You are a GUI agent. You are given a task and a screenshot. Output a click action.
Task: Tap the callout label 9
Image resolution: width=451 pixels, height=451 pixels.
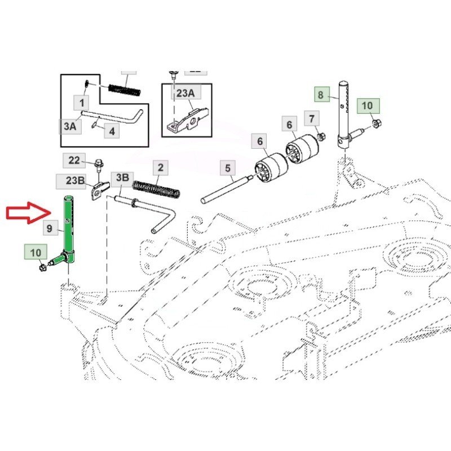pyautogui.click(x=50, y=228)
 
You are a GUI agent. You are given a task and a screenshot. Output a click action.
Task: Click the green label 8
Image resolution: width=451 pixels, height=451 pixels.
pyautogui.click(x=320, y=95)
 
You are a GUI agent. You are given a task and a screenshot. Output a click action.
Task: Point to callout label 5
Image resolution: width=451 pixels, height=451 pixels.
pyautogui.click(x=227, y=168)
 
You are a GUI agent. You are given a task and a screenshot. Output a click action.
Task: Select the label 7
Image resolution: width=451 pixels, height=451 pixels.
pyautogui.click(x=312, y=118)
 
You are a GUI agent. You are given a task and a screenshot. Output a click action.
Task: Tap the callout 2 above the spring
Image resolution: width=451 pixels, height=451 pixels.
pyautogui.click(x=161, y=167)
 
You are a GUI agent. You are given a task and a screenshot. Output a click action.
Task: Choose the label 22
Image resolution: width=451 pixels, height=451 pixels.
pyautogui.click(x=74, y=160)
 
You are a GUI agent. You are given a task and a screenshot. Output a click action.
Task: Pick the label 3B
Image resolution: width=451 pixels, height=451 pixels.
pyautogui.click(x=122, y=178)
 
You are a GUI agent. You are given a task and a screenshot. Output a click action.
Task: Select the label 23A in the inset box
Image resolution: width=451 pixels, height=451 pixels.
pyautogui.click(x=185, y=94)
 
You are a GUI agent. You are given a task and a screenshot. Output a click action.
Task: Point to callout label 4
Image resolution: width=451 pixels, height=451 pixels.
pyautogui.click(x=111, y=131)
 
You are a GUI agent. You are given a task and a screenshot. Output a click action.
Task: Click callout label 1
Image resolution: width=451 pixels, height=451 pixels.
pyautogui.click(x=82, y=103)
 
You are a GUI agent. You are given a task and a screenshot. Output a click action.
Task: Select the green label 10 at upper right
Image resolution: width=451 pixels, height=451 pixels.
pyautogui.click(x=367, y=105)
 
